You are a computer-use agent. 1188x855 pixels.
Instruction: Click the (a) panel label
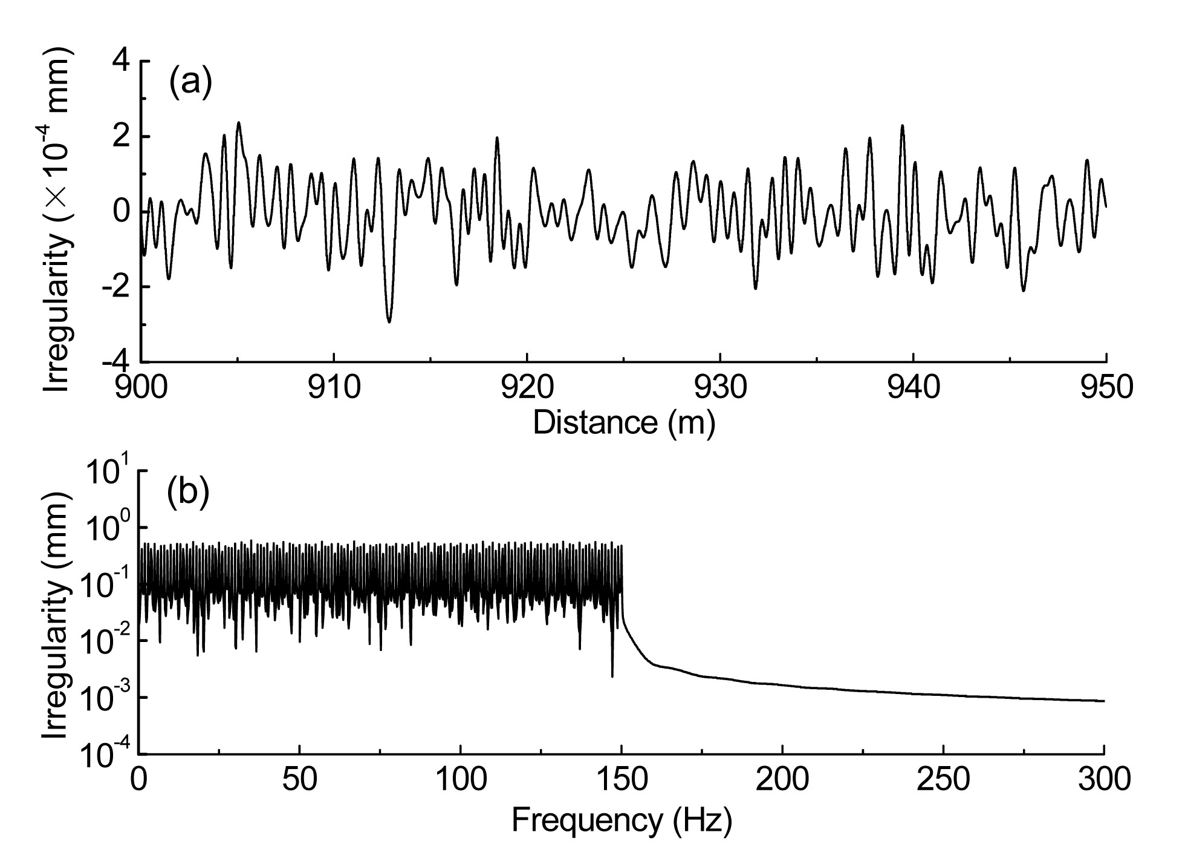point(190,83)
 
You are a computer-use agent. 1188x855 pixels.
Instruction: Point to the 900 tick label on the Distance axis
point(141,388)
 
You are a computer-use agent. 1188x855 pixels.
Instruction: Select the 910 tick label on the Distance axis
point(334,388)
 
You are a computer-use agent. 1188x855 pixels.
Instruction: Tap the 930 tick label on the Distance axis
point(720,388)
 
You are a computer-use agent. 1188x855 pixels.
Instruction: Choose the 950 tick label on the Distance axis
point(1106,388)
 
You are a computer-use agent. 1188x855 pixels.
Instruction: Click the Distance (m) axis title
point(623,422)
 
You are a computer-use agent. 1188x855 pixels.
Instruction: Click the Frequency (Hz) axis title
point(622,821)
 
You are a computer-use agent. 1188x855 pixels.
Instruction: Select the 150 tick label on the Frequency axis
point(622,779)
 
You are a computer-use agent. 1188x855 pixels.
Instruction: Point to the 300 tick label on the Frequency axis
point(1104,779)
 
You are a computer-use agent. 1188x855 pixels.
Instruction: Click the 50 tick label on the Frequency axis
point(299,779)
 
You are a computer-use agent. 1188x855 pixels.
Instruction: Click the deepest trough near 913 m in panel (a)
point(389,322)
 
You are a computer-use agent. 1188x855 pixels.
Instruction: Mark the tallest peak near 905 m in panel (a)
point(239,123)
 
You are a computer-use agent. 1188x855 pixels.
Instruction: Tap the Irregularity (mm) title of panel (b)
point(57,613)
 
